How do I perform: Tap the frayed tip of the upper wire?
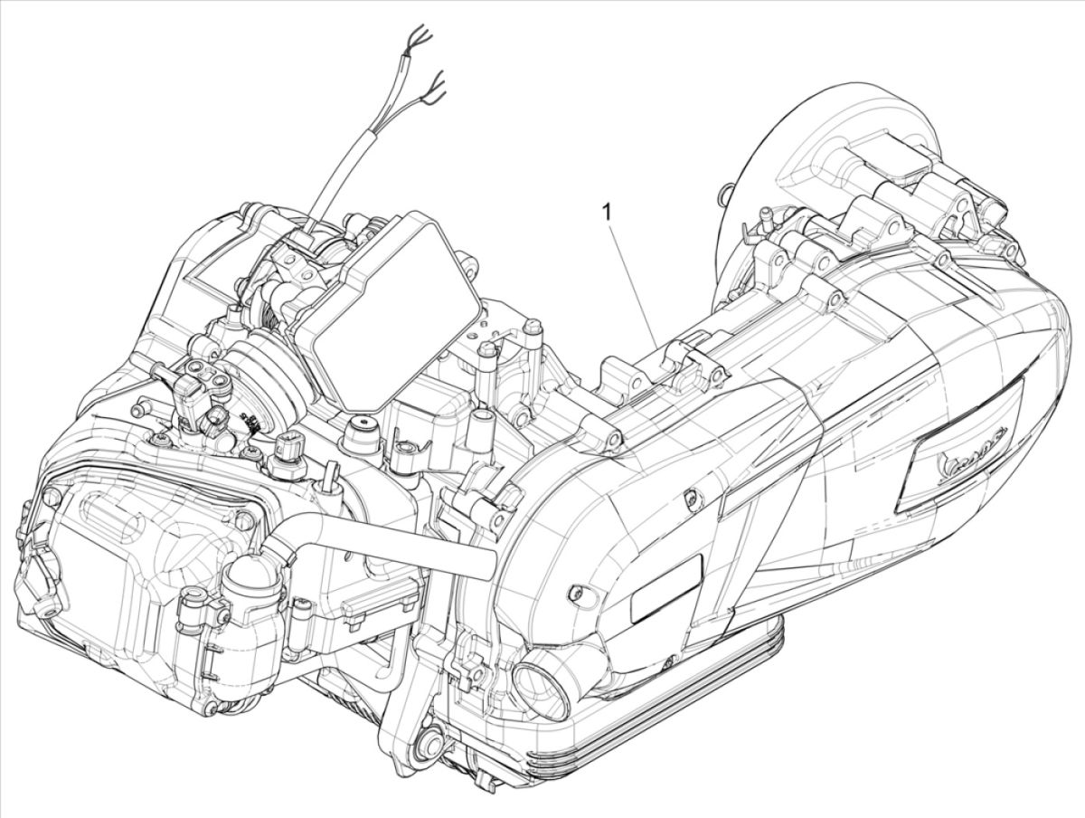pyautogui.click(x=420, y=36)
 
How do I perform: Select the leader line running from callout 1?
pyautogui.click(x=633, y=281)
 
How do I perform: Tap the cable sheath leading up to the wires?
pyautogui.click(x=348, y=172)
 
